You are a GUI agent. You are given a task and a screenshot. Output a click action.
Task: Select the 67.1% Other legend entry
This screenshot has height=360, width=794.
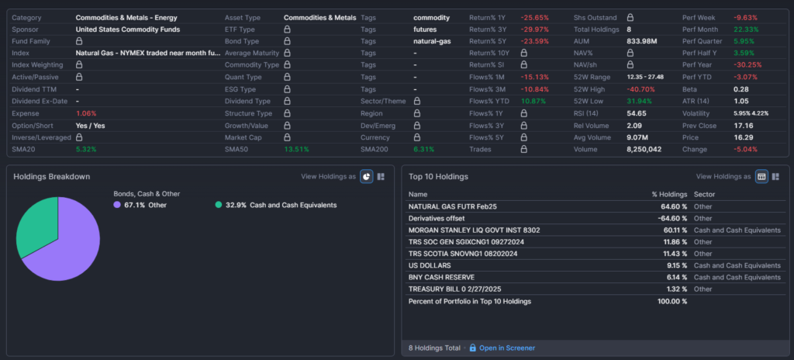145,205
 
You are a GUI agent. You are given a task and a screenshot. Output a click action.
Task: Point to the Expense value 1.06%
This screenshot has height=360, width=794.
86,112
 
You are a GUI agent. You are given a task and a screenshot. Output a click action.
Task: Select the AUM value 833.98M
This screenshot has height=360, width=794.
642,41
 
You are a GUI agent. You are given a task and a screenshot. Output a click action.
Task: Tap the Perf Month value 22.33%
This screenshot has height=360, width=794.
747,29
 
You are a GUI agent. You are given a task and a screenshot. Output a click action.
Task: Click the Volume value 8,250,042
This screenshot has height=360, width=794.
644,149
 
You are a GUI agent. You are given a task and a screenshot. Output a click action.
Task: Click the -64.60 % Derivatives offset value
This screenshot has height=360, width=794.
671,218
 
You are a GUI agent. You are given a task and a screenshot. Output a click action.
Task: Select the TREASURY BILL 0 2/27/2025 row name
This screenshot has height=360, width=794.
461,289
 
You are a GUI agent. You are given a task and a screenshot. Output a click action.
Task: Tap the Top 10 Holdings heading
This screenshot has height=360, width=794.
438,176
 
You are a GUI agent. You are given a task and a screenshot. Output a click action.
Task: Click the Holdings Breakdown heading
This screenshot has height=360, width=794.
52,176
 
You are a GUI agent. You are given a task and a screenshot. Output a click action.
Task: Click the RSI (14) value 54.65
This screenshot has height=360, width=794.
637,112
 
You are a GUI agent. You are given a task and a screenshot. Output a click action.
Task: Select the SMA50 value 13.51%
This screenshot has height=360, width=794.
297,149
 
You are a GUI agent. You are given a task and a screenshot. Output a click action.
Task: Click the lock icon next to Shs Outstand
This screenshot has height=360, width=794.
630,17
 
